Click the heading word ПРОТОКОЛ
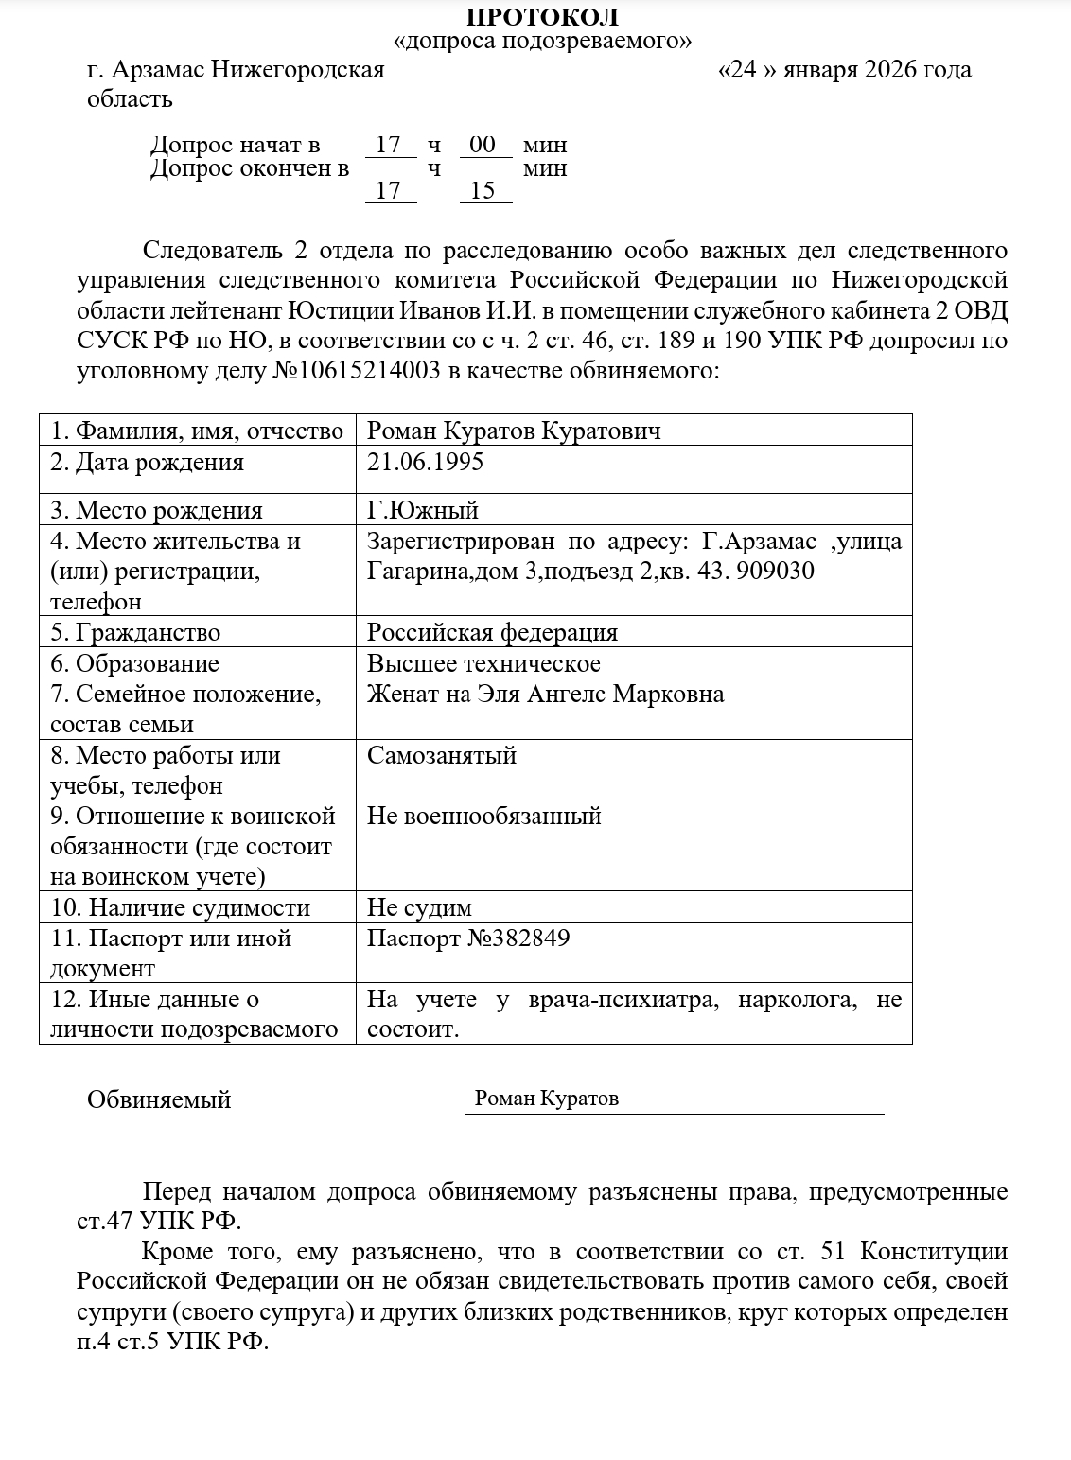click(x=543, y=17)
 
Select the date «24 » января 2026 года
click(x=845, y=70)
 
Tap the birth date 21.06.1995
click(x=425, y=462)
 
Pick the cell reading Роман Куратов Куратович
click(x=514, y=431)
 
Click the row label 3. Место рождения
click(x=156, y=510)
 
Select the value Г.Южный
click(x=423, y=510)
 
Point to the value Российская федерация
click(x=492, y=632)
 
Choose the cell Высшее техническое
click(x=483, y=663)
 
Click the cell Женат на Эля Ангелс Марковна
click(x=545, y=695)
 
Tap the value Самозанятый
click(x=442, y=755)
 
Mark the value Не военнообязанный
click(x=484, y=816)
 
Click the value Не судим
click(x=419, y=908)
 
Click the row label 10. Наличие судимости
click(x=180, y=908)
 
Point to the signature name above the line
click(x=547, y=1099)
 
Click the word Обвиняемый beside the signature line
click(x=159, y=1099)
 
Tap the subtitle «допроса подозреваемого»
click(x=542, y=42)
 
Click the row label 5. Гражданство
click(x=135, y=632)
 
